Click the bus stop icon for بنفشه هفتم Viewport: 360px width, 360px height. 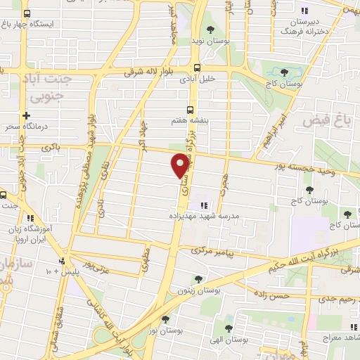[x=190, y=110]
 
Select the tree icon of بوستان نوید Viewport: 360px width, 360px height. [x=210, y=29]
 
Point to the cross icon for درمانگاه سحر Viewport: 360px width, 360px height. [x=27, y=115]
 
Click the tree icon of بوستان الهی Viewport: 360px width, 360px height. [x=228, y=328]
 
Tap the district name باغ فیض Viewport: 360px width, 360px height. [x=326, y=122]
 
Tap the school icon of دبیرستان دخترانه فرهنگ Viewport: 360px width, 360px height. [x=304, y=11]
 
